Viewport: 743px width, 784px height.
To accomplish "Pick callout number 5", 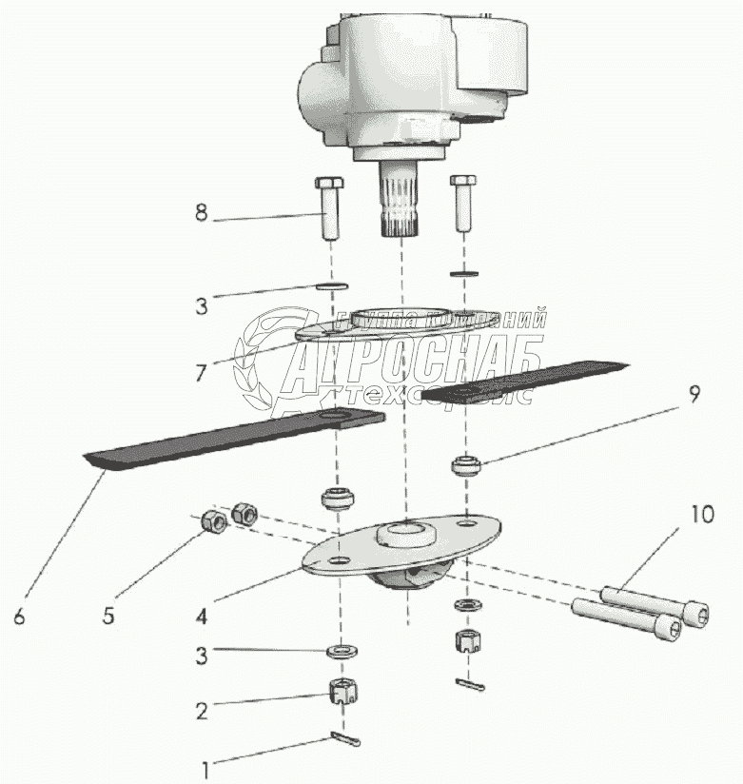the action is click(x=108, y=615).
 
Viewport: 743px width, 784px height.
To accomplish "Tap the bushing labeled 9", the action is click(x=464, y=467).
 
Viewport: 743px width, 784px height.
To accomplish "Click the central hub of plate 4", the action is click(x=403, y=533).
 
